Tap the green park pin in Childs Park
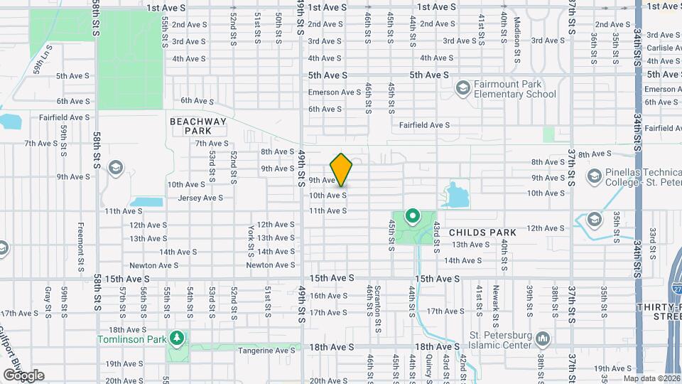coord(411,215)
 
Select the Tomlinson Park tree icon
coord(177,338)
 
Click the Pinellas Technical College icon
coord(595,176)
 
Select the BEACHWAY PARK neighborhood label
coord(198,126)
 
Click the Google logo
coord(23,375)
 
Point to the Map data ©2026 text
coord(651,378)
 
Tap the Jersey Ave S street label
coord(201,198)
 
